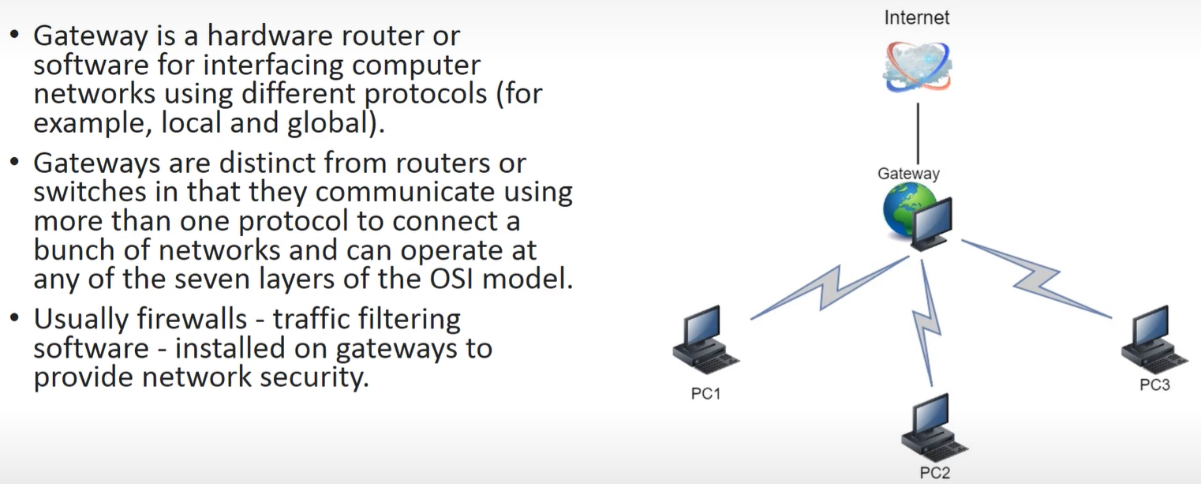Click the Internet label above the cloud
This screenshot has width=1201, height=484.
click(x=916, y=17)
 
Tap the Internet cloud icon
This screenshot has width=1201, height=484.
click(x=918, y=67)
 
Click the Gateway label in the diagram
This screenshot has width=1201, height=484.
click(x=908, y=174)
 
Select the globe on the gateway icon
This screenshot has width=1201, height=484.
click(x=903, y=208)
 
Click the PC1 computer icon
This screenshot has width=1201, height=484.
click(x=705, y=340)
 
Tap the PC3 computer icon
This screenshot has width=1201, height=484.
click(x=1154, y=340)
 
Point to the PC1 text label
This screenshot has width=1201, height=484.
click(x=705, y=394)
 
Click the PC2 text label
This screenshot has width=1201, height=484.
click(x=934, y=473)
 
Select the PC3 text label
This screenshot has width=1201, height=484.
click(x=1155, y=385)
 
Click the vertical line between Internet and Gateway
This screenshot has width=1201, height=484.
click(x=918, y=133)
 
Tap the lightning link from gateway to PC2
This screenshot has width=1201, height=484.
click(x=926, y=322)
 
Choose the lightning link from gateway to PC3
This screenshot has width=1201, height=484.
click(x=1036, y=279)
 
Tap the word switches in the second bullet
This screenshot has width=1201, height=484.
click(x=90, y=192)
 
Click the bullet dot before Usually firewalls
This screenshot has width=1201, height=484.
click(x=15, y=318)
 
